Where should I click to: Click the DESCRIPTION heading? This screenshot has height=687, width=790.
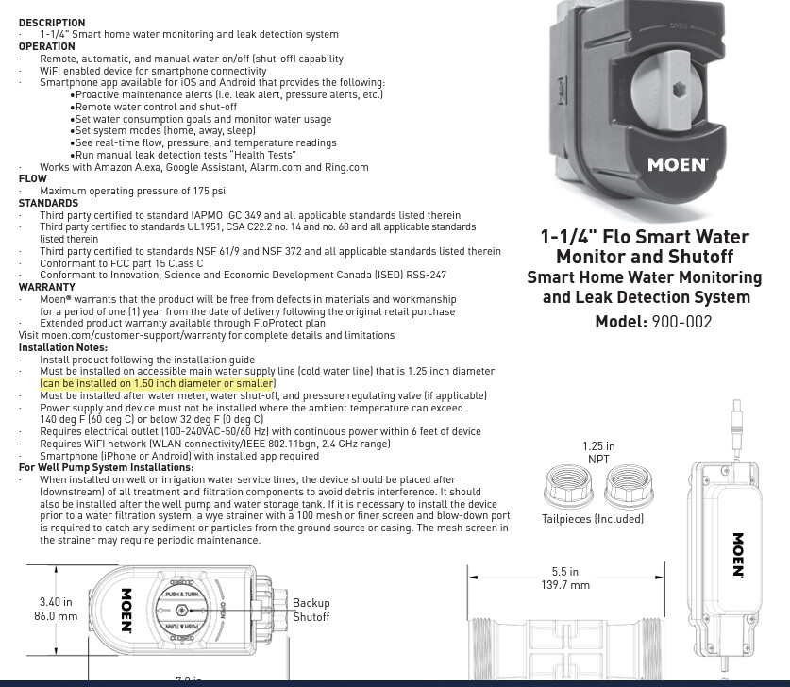click(x=51, y=23)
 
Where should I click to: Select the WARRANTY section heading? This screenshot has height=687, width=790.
click(x=46, y=287)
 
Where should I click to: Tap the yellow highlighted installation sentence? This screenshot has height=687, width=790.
click(x=157, y=384)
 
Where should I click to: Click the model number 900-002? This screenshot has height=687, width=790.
click(x=681, y=322)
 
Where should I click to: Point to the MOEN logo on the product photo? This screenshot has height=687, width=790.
click(x=677, y=164)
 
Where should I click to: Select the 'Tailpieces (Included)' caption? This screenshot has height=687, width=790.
click(x=593, y=519)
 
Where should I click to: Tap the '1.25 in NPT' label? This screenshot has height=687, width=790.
click(x=598, y=453)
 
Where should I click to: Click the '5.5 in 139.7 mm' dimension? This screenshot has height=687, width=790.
click(x=565, y=578)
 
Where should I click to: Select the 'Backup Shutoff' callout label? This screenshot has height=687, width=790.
click(x=311, y=610)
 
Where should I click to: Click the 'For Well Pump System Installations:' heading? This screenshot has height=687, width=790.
click(x=106, y=467)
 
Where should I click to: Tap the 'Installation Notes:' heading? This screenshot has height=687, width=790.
click(x=62, y=347)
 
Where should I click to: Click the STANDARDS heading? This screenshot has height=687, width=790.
click(x=48, y=203)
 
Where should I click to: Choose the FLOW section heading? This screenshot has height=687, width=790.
click(x=32, y=178)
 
